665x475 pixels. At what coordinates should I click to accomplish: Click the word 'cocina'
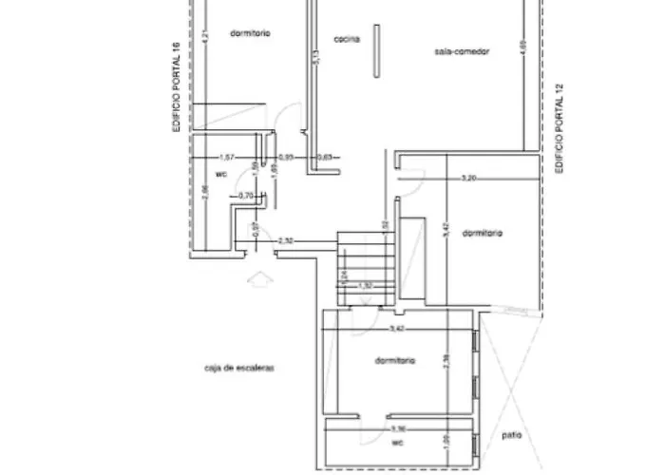346,38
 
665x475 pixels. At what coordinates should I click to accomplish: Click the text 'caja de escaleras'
238,366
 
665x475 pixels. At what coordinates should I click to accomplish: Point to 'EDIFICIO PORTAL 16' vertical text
176,85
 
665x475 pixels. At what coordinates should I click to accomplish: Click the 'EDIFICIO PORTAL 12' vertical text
560,128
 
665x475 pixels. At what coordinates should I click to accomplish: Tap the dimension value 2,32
286,242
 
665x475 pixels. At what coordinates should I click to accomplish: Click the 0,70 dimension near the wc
246,196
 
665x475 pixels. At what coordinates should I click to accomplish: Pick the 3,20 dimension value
468,178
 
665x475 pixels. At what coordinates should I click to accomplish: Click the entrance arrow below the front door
257,279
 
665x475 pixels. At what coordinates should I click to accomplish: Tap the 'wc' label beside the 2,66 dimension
220,176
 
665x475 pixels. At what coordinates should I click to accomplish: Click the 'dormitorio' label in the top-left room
251,32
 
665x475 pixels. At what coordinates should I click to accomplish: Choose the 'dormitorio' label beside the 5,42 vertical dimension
483,233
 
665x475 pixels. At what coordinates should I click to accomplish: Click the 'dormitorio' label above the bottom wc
394,361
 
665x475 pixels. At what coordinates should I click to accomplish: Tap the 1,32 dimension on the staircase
367,285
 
